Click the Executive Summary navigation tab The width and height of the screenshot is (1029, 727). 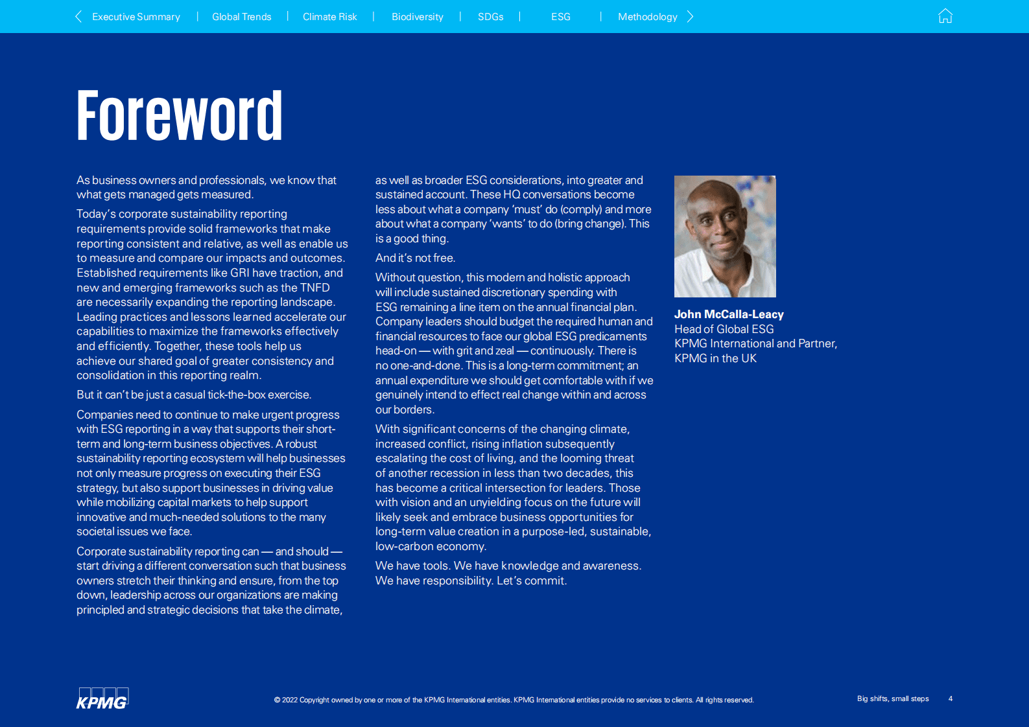[136, 17]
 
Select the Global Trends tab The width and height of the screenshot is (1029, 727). [242, 17]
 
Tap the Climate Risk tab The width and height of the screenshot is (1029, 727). [329, 17]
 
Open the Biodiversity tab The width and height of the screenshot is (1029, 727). [417, 17]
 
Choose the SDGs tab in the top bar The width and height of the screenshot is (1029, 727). [490, 17]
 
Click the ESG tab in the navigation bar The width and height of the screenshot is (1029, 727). [561, 17]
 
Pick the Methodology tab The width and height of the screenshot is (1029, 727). [647, 17]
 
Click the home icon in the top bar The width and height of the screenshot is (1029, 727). [945, 16]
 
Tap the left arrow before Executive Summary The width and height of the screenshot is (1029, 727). [78, 17]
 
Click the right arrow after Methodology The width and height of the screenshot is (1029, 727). [691, 17]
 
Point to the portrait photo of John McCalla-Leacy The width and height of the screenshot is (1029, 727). [725, 237]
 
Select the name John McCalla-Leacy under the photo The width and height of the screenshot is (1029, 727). [729, 314]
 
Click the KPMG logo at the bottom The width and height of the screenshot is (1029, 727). [102, 698]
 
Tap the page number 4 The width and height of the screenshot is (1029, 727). [951, 698]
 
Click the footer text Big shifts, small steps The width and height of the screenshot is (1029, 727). [893, 698]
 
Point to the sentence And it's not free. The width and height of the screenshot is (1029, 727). [415, 258]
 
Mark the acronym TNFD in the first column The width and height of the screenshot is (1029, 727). [314, 288]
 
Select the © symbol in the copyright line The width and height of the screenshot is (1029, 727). [278, 700]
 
